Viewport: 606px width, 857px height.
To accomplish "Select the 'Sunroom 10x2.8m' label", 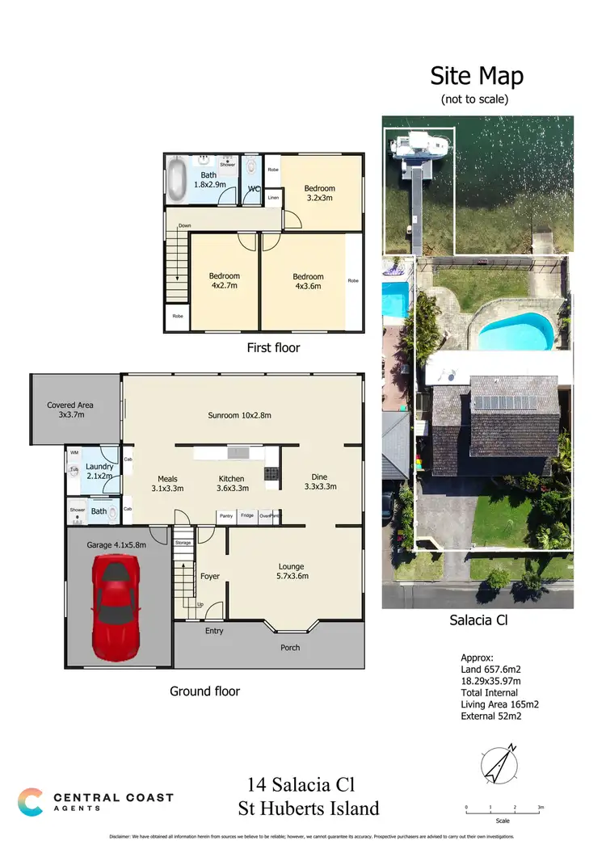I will pos(239,415).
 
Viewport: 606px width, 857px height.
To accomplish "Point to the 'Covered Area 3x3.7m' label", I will pos(70,410).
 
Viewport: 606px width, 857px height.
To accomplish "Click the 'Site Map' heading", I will pos(477,76).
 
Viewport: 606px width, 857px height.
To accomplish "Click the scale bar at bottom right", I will pos(503,809).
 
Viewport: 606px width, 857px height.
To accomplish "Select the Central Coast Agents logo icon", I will pos(31,801).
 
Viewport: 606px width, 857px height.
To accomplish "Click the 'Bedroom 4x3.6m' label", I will pos(308,281).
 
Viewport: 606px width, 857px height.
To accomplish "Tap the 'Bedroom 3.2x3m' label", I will pos(319,192).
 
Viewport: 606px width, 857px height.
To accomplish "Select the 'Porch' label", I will pos(289,647).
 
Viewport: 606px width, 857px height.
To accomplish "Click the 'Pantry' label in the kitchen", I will pos(225,515).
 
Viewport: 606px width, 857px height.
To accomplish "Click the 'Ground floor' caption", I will pos(204,691).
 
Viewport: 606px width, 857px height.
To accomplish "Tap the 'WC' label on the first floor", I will pos(253,189).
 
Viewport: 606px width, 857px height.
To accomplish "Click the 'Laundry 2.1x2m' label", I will pos(100,471).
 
